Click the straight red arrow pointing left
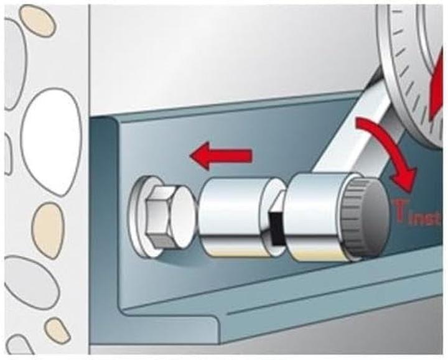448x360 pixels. [221, 156]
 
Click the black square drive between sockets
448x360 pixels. [276, 228]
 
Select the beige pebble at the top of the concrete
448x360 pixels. [37, 21]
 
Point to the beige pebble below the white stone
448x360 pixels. [47, 231]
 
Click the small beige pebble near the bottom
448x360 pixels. [57, 331]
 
